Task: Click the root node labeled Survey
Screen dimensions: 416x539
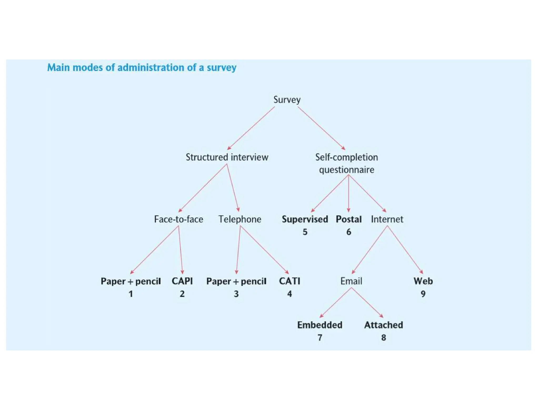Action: [287, 100]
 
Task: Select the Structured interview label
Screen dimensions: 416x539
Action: [227, 157]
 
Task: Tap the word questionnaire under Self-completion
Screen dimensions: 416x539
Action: [346, 170]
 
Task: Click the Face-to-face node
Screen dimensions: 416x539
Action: [178, 219]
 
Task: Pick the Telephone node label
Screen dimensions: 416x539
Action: [240, 219]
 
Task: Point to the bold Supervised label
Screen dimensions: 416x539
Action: [305, 219]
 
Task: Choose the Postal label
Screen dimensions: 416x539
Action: [348, 219]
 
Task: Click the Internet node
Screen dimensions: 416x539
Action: [387, 219]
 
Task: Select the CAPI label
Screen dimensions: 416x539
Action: [182, 281]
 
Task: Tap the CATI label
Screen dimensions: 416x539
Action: [290, 281]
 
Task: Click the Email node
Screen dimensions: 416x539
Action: [351, 281]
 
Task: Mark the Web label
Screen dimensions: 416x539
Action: [423, 281]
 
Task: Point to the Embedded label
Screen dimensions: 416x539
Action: [320, 325]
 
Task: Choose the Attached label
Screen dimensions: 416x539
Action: [383, 325]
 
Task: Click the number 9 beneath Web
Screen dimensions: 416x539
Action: [423, 294]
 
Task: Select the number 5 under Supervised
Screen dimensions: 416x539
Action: [305, 232]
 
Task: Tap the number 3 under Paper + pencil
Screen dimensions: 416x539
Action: [236, 294]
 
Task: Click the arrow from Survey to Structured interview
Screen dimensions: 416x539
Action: [251, 128]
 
